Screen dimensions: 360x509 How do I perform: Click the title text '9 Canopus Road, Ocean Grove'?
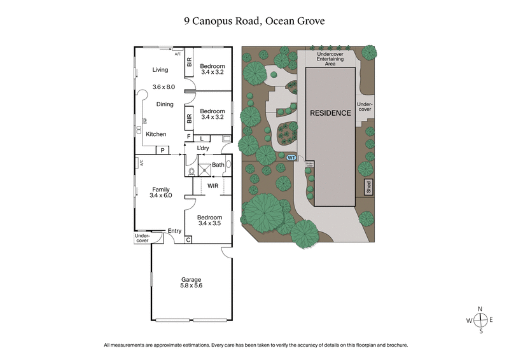[x=254, y=22]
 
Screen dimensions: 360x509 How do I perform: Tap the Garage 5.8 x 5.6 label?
[x=192, y=283]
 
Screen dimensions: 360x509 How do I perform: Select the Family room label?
[x=160, y=192]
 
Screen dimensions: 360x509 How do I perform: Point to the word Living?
[x=151, y=70]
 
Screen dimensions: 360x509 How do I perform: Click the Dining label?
[x=165, y=104]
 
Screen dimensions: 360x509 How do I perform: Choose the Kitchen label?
[x=156, y=134]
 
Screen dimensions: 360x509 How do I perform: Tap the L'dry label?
[x=203, y=148]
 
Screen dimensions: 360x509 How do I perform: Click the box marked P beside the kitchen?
[x=163, y=150]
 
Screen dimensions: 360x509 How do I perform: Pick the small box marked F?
[x=188, y=137]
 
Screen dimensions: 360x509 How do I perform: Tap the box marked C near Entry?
[x=188, y=240]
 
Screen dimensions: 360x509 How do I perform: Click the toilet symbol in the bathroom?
[x=192, y=170]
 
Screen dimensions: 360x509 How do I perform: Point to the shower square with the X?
[x=204, y=169]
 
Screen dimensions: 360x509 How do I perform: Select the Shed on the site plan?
[x=368, y=187]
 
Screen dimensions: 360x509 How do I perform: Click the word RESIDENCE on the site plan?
[x=330, y=113]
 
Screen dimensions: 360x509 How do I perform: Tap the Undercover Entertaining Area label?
[x=330, y=59]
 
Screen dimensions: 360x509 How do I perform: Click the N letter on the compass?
[x=481, y=309]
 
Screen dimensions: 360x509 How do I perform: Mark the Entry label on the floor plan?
[x=174, y=231]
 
